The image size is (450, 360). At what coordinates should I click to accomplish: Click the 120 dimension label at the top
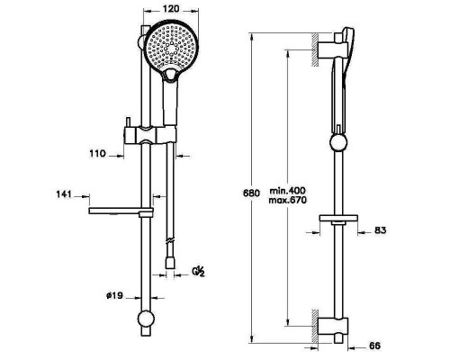point(171,9)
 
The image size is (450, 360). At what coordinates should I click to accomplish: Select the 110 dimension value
point(98,154)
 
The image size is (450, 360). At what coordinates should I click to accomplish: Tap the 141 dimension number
point(64,194)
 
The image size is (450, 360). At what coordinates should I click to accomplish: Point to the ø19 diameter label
point(114,296)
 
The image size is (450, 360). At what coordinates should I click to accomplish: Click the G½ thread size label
point(198,272)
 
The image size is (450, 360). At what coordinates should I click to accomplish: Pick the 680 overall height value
point(251,193)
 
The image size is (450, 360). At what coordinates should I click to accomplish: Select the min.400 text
point(287,191)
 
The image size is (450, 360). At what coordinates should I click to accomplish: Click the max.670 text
point(288,200)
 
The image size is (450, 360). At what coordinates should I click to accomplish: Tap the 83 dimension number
point(381,230)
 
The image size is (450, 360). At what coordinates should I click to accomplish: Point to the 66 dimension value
point(374,346)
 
